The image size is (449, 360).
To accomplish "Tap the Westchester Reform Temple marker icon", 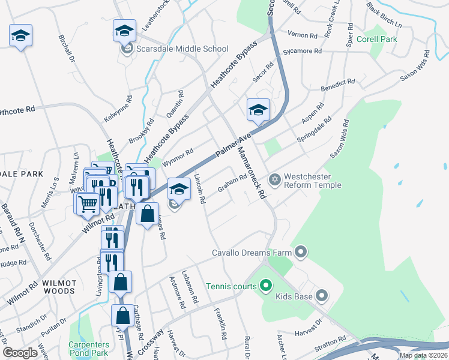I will click(275, 179).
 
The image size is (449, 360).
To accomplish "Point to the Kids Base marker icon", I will click(322, 295).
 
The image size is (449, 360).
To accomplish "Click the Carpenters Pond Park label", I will click(89, 349).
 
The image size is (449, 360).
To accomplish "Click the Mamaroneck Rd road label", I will click(251, 173).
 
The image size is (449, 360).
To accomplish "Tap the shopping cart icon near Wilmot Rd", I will click(88, 203).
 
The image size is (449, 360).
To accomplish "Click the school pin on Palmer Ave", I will click(258, 110).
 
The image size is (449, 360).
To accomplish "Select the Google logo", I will click(20, 352).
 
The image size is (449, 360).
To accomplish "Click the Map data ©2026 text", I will click(423, 355).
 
